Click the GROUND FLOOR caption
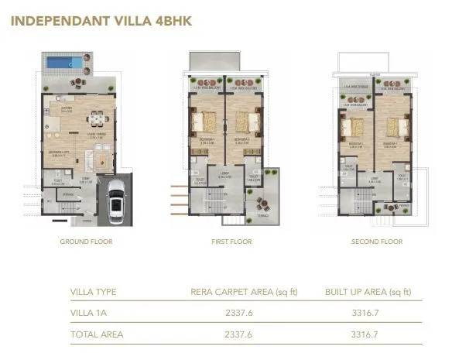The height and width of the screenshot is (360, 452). [x=86, y=242]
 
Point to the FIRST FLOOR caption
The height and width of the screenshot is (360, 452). [x=230, y=242]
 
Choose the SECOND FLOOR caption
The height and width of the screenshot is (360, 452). [x=376, y=242]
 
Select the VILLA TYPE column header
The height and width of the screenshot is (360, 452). [x=94, y=292]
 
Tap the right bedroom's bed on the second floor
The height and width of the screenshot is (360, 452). [x=394, y=126]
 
